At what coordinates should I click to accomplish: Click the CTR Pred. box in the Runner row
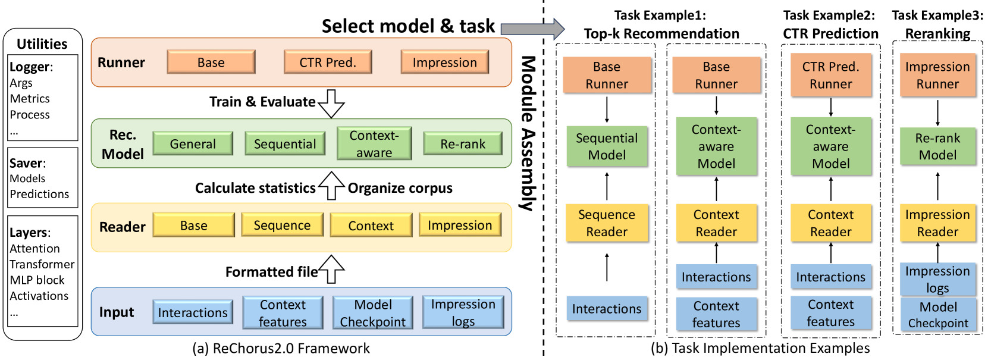click(x=328, y=62)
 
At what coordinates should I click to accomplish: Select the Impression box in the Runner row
click(x=444, y=62)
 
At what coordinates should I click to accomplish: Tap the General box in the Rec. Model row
click(x=193, y=144)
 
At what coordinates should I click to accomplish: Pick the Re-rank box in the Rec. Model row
click(x=462, y=144)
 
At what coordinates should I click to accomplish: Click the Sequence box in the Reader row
click(x=282, y=226)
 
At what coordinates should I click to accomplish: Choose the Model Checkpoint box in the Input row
click(x=372, y=313)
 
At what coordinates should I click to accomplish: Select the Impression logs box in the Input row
click(x=463, y=312)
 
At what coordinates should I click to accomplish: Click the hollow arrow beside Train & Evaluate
click(x=331, y=103)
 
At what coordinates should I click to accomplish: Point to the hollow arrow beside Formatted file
click(x=331, y=270)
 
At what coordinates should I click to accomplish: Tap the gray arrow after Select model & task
click(x=532, y=29)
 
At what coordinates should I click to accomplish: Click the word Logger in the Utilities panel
click(x=29, y=67)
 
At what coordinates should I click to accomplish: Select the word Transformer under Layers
click(x=42, y=264)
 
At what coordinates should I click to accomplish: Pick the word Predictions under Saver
click(x=39, y=194)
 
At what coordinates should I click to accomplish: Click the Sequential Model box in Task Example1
click(x=607, y=146)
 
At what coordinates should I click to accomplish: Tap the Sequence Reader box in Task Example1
click(x=607, y=223)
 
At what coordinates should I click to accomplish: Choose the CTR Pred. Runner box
click(x=830, y=76)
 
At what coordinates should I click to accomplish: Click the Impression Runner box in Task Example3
click(x=937, y=76)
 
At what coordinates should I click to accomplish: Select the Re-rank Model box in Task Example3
click(x=937, y=146)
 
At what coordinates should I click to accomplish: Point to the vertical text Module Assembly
click(x=528, y=134)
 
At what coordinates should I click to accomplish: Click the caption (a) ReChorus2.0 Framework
click(x=281, y=349)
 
